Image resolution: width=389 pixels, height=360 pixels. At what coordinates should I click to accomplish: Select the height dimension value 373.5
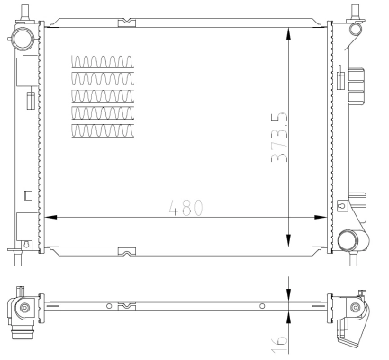(278, 135)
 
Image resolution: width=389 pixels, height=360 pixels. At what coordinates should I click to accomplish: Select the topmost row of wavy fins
(102, 63)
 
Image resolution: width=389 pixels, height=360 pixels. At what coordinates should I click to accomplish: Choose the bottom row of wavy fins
(102, 131)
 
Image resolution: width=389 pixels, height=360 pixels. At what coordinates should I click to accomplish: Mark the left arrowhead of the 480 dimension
(50, 217)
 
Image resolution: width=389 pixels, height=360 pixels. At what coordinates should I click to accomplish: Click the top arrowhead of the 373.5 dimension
(288, 30)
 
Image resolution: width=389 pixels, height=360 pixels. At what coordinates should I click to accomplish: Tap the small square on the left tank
(28, 195)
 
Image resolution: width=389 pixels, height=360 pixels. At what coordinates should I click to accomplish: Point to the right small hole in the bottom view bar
(262, 307)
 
